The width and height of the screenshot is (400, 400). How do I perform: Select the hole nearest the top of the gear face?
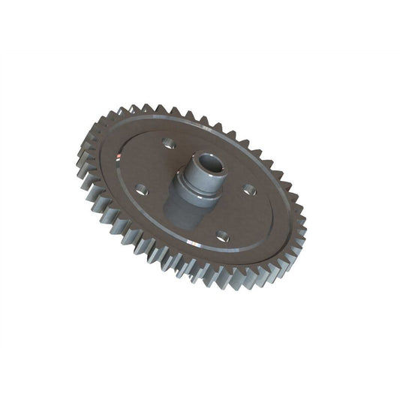click(168, 143)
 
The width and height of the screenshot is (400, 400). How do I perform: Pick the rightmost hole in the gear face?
click(250, 190)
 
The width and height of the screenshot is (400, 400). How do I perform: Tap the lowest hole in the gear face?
click(223, 236)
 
